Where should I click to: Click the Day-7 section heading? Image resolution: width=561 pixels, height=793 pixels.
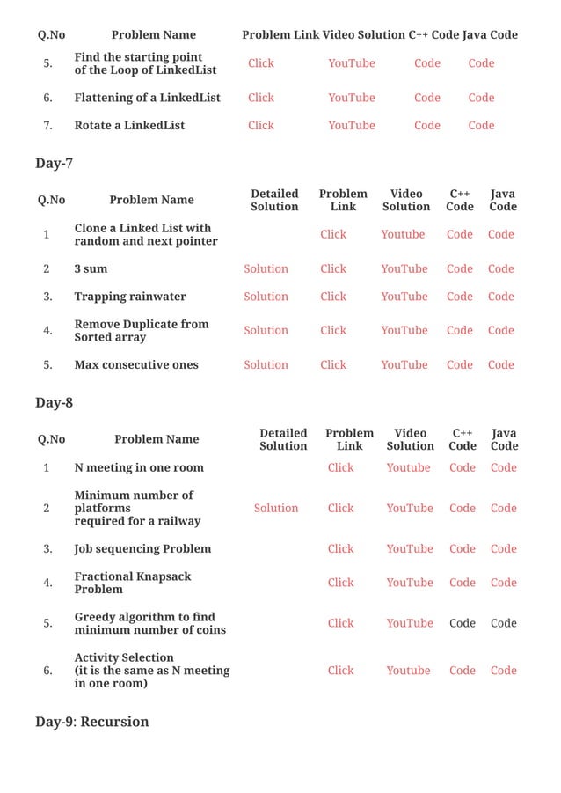pyautogui.click(x=54, y=164)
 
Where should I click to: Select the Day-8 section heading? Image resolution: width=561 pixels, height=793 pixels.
pyautogui.click(x=54, y=403)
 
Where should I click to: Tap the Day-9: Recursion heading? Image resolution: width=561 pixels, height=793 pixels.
pyautogui.click(x=91, y=722)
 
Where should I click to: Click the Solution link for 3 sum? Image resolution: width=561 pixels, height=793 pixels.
pyautogui.click(x=266, y=269)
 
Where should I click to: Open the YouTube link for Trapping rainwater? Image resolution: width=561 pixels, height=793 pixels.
pyautogui.click(x=404, y=297)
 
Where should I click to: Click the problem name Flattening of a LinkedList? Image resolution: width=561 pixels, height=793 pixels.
pyautogui.click(x=147, y=98)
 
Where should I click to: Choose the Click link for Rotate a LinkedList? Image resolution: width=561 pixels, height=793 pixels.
pyautogui.click(x=261, y=126)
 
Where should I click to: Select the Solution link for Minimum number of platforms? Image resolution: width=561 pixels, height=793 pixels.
pyautogui.click(x=275, y=509)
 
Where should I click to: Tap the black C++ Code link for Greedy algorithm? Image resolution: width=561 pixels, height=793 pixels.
pyautogui.click(x=462, y=623)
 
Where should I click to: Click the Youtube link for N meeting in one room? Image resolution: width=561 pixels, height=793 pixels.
pyautogui.click(x=408, y=468)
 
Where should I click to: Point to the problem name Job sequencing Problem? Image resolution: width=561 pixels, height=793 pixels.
pyautogui.click(x=142, y=549)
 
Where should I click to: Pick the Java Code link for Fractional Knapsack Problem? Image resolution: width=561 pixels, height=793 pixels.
pyautogui.click(x=503, y=583)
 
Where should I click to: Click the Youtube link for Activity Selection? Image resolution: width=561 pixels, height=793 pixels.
pyautogui.click(x=408, y=671)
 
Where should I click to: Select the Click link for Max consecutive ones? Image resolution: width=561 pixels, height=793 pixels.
pyautogui.click(x=333, y=365)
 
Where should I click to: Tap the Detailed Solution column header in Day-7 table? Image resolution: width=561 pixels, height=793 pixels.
pyautogui.click(x=274, y=200)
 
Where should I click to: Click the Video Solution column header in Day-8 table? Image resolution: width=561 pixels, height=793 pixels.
pyautogui.click(x=410, y=439)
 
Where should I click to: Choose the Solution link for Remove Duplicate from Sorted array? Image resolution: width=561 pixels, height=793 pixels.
pyautogui.click(x=266, y=331)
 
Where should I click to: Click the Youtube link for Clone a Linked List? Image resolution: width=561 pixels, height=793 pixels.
pyautogui.click(x=403, y=235)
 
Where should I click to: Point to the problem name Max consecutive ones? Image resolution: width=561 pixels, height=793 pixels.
pyautogui.click(x=135, y=365)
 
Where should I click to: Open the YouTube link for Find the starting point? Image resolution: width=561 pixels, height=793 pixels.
pyautogui.click(x=351, y=63)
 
